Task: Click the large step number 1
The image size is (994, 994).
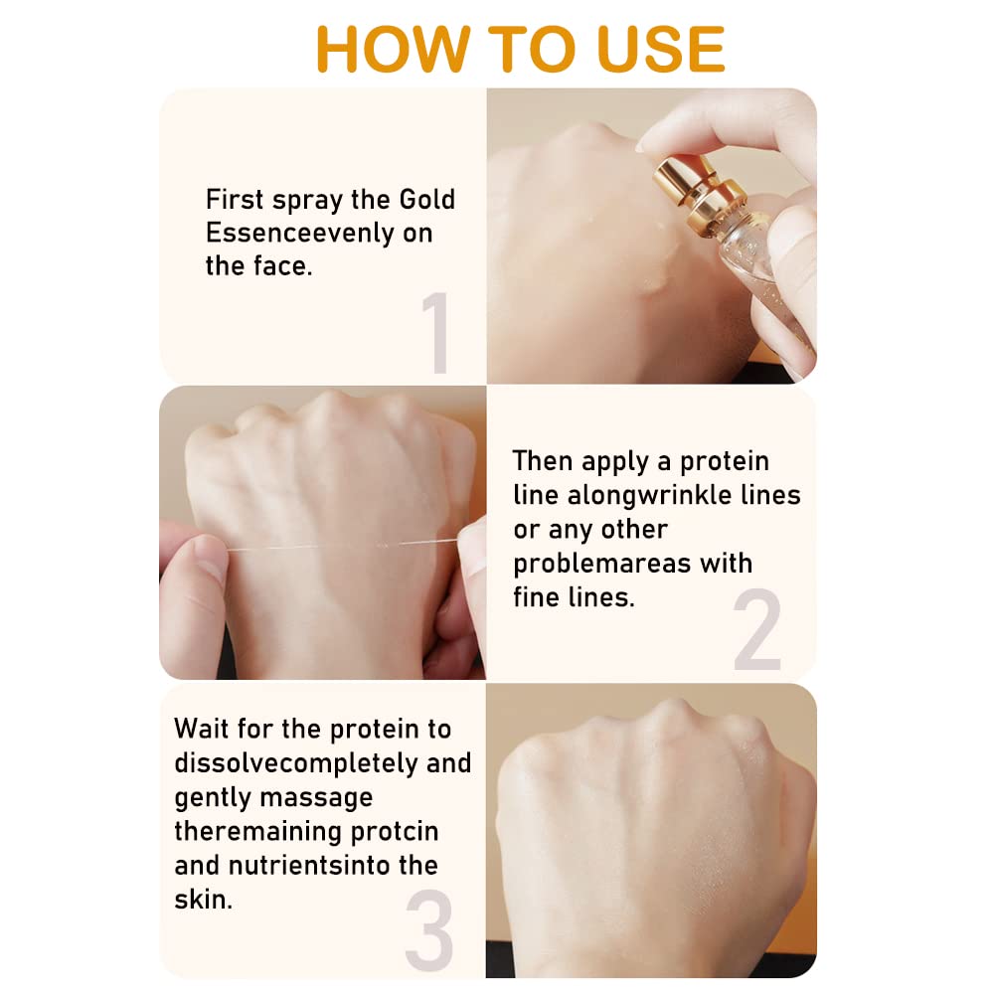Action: [436, 332]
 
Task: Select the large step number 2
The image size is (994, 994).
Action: [756, 628]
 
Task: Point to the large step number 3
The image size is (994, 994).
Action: [429, 929]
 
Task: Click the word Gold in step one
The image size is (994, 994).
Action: [426, 200]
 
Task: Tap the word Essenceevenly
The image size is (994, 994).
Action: [300, 234]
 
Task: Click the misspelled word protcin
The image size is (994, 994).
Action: [394, 832]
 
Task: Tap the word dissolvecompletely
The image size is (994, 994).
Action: [296, 763]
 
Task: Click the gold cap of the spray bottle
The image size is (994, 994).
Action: [699, 189]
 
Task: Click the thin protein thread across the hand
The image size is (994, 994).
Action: [341, 545]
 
